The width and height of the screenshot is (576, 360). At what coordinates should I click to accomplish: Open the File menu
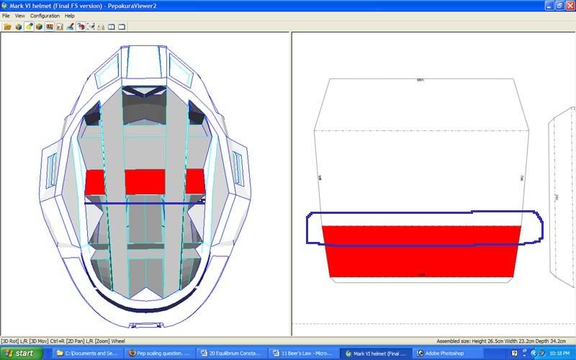point(6,15)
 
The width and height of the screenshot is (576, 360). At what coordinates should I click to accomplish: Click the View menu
point(19,15)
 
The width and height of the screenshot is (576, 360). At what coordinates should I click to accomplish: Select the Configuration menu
point(45,15)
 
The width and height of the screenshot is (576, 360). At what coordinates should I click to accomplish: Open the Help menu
point(69,15)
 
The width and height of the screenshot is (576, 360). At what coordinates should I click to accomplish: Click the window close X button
point(568,5)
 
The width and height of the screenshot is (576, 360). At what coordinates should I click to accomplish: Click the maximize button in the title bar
point(557,5)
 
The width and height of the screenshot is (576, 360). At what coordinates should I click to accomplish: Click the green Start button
point(22,354)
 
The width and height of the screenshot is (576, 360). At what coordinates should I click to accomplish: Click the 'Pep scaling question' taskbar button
point(159,354)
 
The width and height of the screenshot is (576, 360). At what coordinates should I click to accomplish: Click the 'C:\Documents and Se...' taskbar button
point(87,354)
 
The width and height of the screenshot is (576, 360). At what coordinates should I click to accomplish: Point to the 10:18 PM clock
point(559,354)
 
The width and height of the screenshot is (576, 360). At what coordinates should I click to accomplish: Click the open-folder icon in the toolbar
point(7,27)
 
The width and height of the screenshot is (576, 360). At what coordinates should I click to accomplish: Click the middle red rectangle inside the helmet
point(145,182)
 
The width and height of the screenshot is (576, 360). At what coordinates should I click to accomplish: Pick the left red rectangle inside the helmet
point(95,182)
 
